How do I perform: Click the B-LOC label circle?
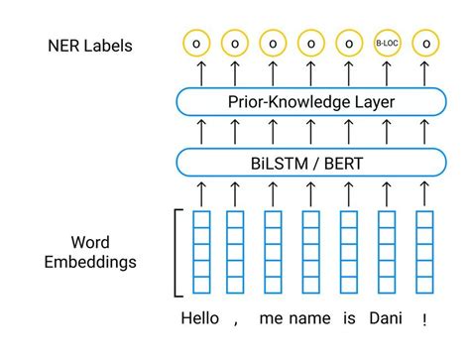387,44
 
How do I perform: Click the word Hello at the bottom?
200,319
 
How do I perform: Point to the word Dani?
387,319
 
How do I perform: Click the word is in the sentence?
348,319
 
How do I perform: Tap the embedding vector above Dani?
387,252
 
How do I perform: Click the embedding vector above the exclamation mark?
424,252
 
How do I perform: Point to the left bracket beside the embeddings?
177,252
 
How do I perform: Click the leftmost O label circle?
197,44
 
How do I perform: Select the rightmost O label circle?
425,44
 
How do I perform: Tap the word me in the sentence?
272,319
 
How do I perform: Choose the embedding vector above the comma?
235,252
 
